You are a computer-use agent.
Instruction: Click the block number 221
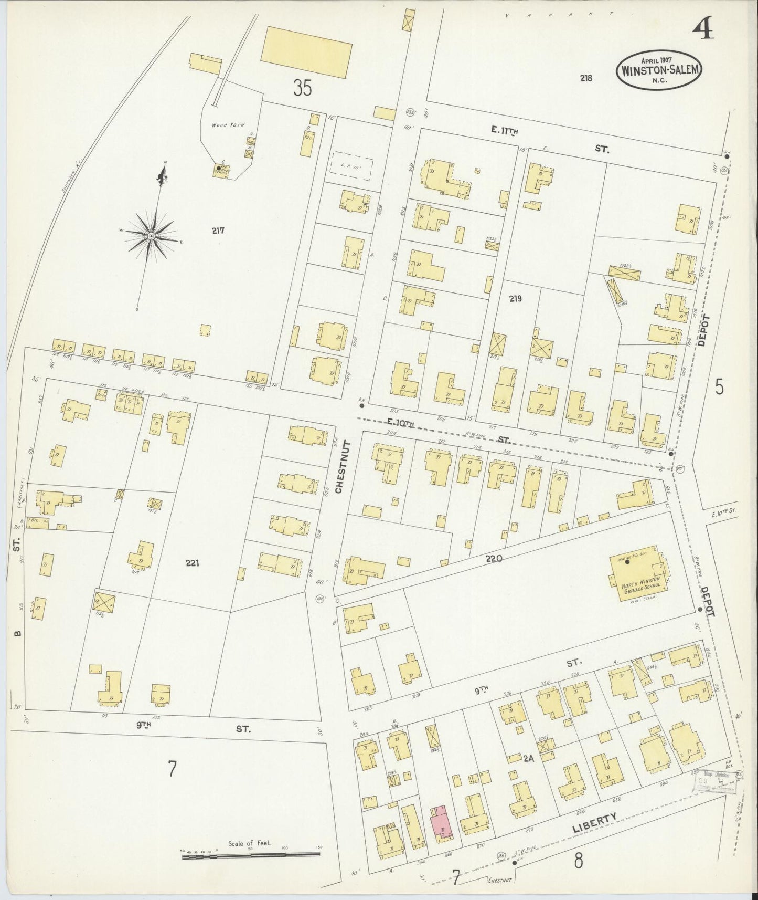[x=193, y=563]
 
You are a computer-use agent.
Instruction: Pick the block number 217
[x=219, y=230]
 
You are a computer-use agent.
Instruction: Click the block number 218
[x=586, y=78]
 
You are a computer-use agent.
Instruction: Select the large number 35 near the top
[x=302, y=88]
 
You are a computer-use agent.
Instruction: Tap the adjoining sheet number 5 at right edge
[x=719, y=387]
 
